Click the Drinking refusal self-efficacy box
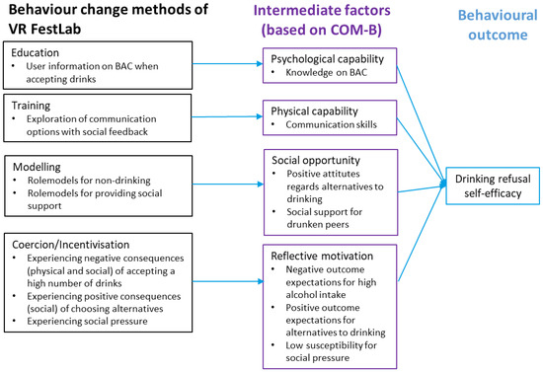[x=491, y=185]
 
